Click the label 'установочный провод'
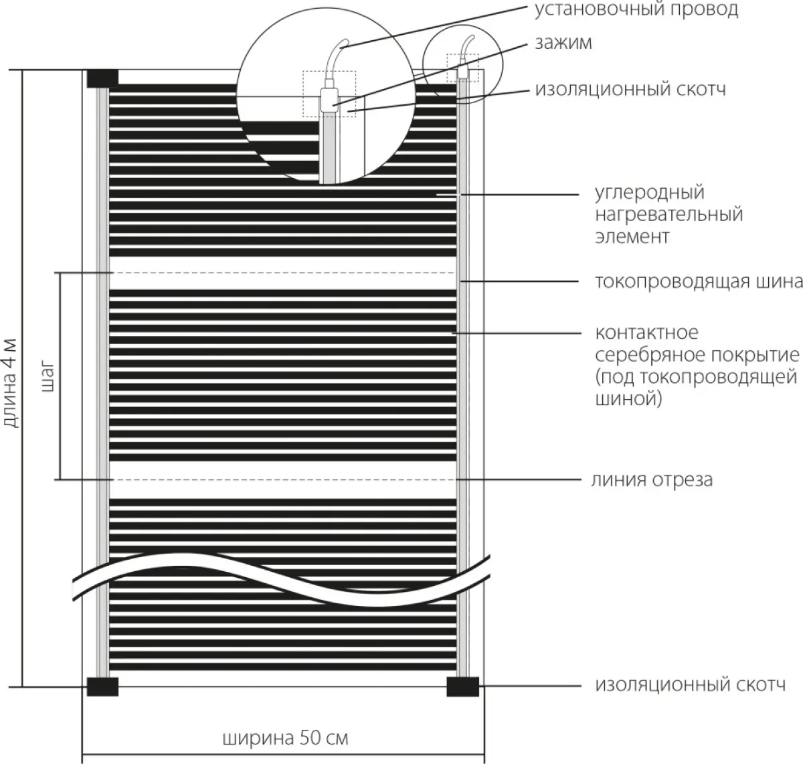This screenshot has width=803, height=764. tap(636, 10)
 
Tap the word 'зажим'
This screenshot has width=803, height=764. tap(563, 42)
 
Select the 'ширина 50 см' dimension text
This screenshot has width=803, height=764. tap(285, 739)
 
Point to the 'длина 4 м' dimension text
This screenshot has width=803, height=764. tap(10, 383)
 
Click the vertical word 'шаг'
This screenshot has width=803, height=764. tap(47, 376)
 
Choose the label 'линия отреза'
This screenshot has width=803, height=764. tap(652, 479)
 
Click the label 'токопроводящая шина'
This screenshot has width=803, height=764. tap(699, 282)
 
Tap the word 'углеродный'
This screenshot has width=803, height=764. tap(650, 193)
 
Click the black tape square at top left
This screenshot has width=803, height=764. tap(102, 78)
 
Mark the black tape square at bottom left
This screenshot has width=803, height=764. tap(102, 687)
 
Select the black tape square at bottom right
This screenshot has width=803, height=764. tap(462, 687)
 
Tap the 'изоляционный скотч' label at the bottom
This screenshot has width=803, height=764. tap(691, 686)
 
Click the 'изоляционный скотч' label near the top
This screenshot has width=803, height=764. tap(630, 90)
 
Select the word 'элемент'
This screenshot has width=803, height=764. tap(632, 237)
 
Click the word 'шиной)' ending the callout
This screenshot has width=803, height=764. tap(628, 399)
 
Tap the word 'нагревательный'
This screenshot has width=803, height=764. tap(668, 215)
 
